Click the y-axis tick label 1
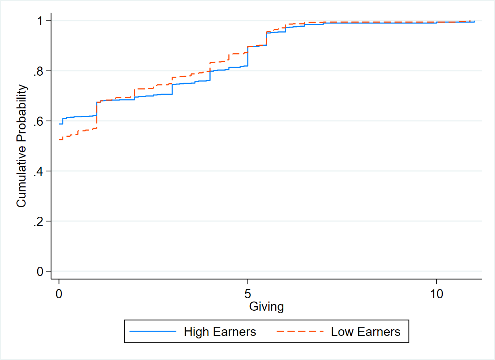point(40,21)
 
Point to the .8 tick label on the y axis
point(38,71)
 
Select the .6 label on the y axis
point(38,121)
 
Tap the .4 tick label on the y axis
point(38,171)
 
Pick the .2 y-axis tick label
point(38,221)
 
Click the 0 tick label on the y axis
point(40,272)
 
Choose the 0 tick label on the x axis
point(59,293)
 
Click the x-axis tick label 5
point(248,293)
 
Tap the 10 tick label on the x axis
point(437,293)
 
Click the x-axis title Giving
point(267,306)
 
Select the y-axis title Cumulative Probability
point(21,146)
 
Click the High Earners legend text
point(220,331)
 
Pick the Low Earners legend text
point(366,331)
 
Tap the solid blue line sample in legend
point(153,331)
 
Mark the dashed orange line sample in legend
point(300,331)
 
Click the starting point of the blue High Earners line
point(59,124)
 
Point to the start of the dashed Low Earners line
point(59,140)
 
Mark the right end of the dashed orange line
point(474,21)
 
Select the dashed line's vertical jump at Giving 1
point(97,115)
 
